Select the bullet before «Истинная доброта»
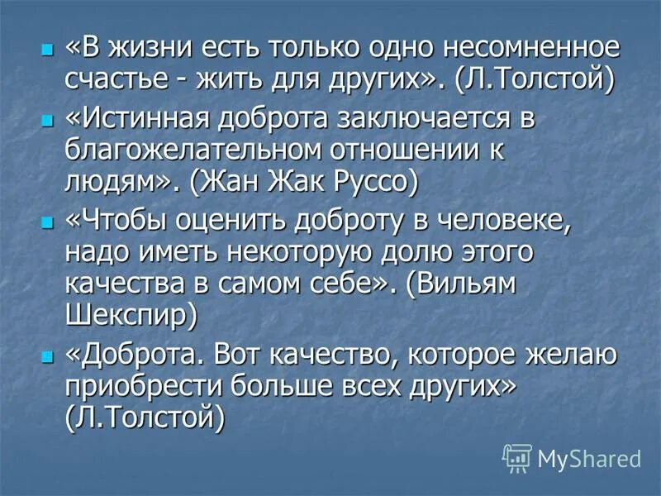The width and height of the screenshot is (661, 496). point(46,120)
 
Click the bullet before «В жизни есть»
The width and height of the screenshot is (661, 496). point(46,50)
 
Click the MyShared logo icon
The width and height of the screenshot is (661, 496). point(517,456)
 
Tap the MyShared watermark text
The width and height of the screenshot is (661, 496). point(588,458)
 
